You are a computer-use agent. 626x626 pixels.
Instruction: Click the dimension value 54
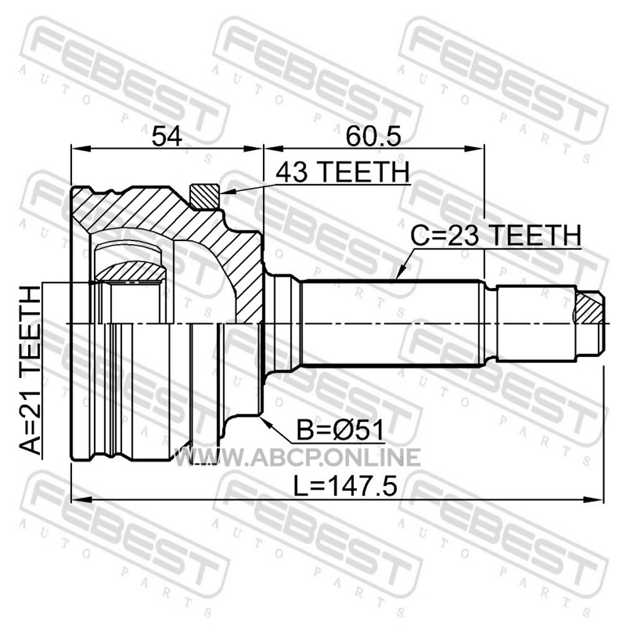(167, 136)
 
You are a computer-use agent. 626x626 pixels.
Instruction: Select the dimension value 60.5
(373, 136)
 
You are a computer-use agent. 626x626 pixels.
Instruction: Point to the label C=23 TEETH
(496, 236)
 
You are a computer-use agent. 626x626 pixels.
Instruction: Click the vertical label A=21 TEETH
(31, 371)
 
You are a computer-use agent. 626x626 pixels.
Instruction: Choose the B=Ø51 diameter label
(340, 430)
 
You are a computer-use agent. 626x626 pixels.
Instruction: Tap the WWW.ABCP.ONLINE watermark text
(297, 457)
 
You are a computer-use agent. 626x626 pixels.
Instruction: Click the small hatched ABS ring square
(205, 196)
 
